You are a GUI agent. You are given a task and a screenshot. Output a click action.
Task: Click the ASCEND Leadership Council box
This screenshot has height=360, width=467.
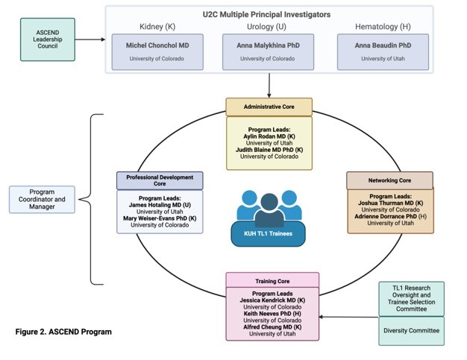48,39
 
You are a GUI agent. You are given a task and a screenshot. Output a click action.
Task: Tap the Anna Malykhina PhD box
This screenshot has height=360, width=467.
269,51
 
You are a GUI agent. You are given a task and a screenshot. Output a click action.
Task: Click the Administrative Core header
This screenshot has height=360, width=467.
269,107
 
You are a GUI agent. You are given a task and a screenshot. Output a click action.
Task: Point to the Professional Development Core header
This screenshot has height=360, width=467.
160,181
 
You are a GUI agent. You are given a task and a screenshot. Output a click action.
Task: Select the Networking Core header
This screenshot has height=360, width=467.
389,180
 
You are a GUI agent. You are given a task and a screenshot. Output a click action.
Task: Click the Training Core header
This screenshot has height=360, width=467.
272,282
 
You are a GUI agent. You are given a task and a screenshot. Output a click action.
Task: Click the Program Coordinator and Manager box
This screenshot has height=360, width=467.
43,198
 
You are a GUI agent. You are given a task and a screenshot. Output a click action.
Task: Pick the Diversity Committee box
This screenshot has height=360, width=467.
411,331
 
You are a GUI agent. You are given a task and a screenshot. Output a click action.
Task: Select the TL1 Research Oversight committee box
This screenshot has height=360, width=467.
411,298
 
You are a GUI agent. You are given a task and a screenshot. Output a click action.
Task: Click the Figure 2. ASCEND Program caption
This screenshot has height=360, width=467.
64,331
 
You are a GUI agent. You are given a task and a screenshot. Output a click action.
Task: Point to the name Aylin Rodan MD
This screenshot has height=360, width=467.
269,136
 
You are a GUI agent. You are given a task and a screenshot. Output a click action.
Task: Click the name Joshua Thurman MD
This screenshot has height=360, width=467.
389,203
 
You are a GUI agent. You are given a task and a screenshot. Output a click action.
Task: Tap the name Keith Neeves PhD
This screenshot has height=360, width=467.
272,313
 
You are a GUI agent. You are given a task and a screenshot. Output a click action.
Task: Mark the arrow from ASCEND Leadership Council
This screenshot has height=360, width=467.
89,39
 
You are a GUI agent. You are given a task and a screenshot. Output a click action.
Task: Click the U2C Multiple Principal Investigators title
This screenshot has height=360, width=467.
268,13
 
